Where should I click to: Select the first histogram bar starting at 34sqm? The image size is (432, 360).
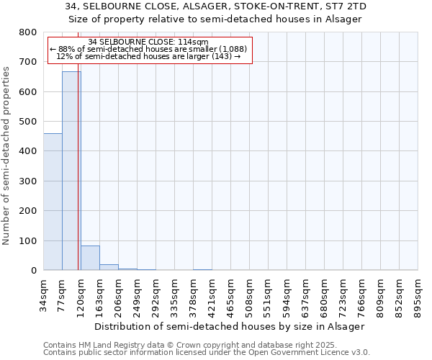(53, 202)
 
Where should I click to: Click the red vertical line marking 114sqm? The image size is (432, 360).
(78, 180)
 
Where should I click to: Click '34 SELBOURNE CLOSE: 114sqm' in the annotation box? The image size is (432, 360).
(148, 42)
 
